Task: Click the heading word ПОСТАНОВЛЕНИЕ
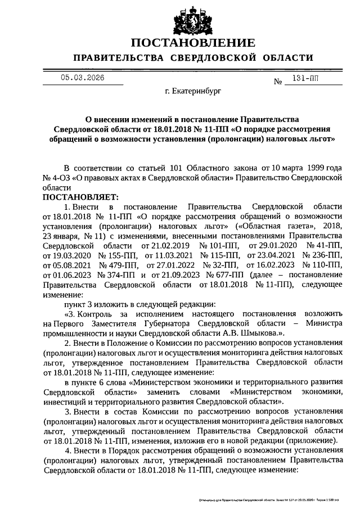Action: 193,43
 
